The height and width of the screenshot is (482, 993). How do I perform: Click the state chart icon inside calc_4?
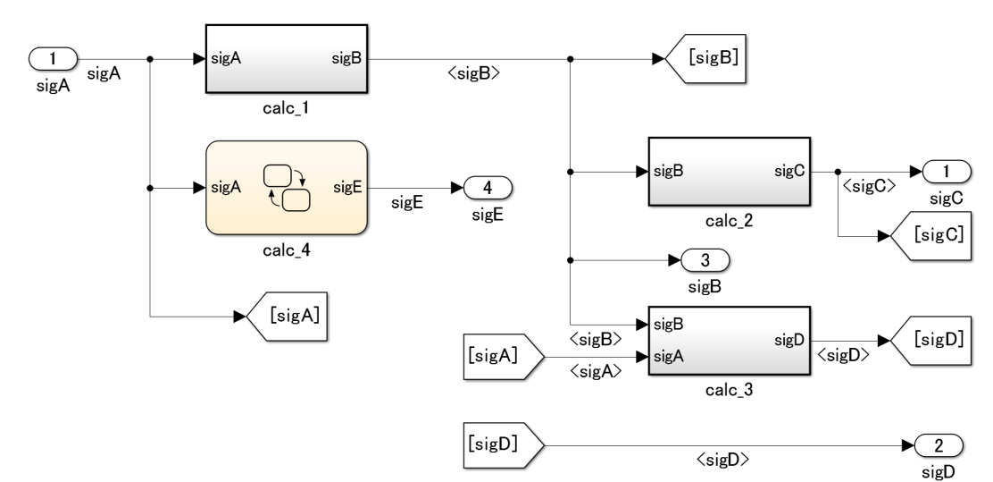[x=286, y=188]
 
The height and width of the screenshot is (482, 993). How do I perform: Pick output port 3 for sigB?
[x=705, y=261]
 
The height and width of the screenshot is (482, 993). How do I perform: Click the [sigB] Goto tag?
[x=712, y=60]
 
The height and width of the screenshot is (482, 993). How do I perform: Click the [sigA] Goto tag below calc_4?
[x=291, y=317]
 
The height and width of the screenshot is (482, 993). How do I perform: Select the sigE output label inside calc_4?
[x=347, y=188]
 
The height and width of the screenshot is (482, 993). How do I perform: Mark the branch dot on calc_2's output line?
[x=837, y=172]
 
